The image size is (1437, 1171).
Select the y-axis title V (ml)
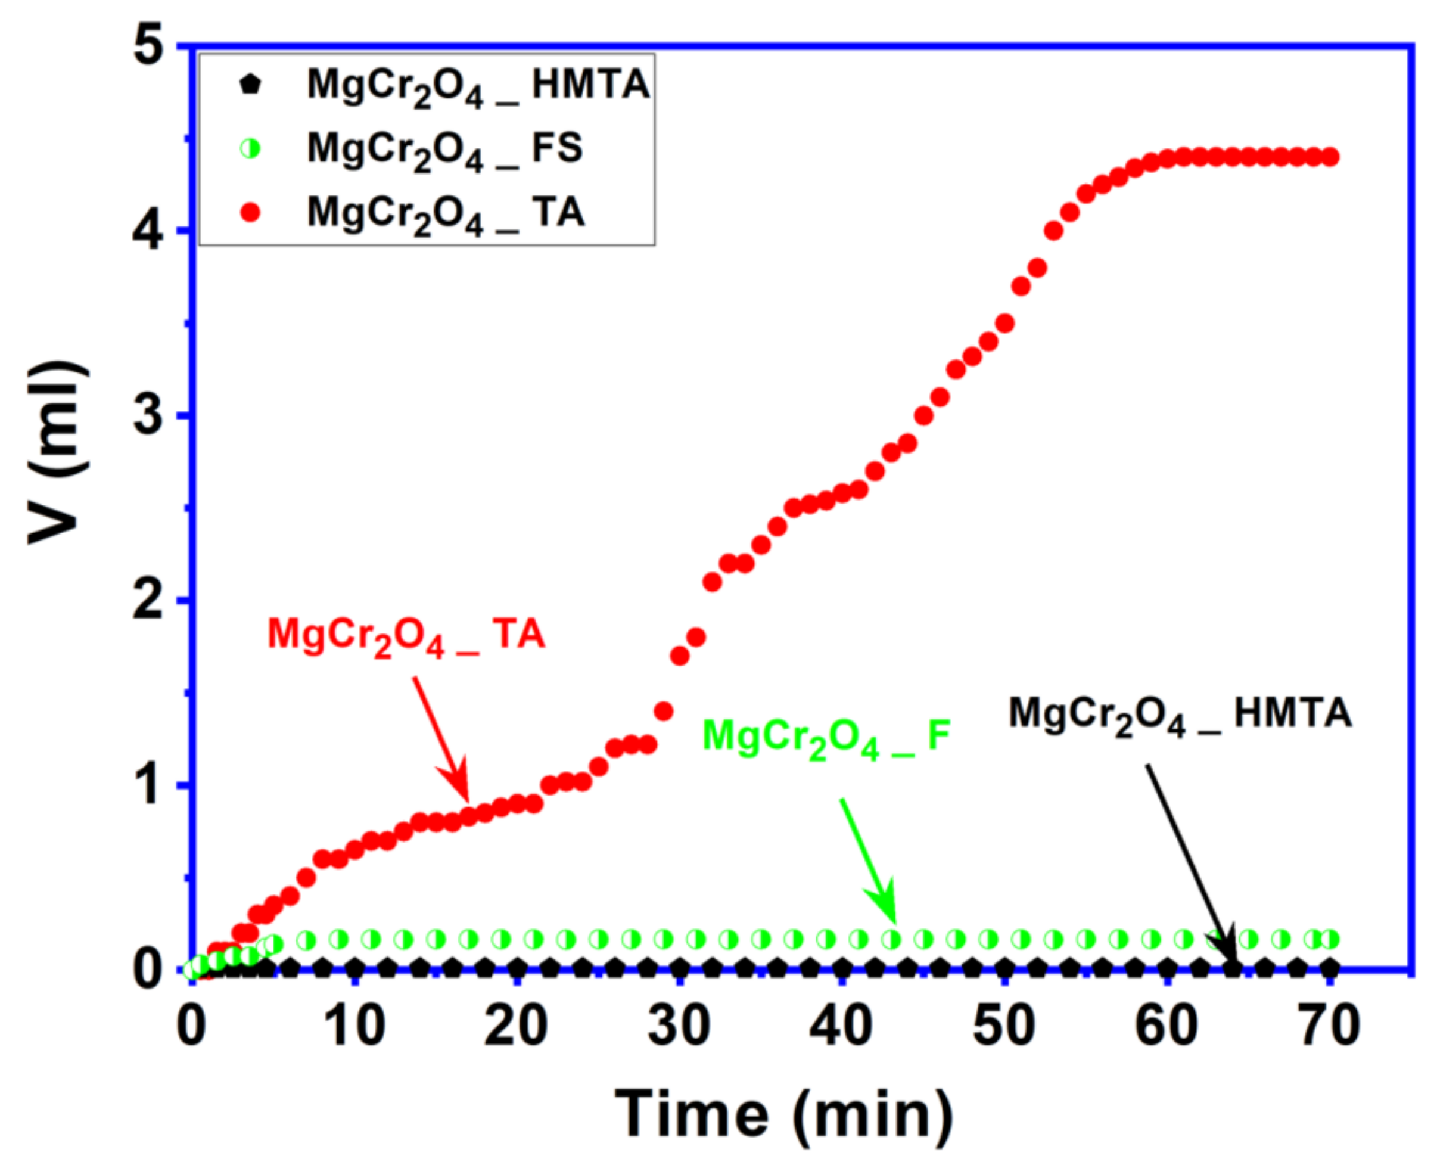point(57,452)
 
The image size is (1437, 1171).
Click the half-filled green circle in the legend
point(250,148)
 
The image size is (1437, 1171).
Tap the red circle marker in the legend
point(250,213)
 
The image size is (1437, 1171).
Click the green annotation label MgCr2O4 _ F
point(826,737)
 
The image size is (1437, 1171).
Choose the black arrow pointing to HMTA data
point(1190,864)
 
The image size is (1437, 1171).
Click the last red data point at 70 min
point(1329,158)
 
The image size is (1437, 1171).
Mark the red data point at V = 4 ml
point(1053,231)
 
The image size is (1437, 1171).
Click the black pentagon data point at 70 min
point(1329,968)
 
